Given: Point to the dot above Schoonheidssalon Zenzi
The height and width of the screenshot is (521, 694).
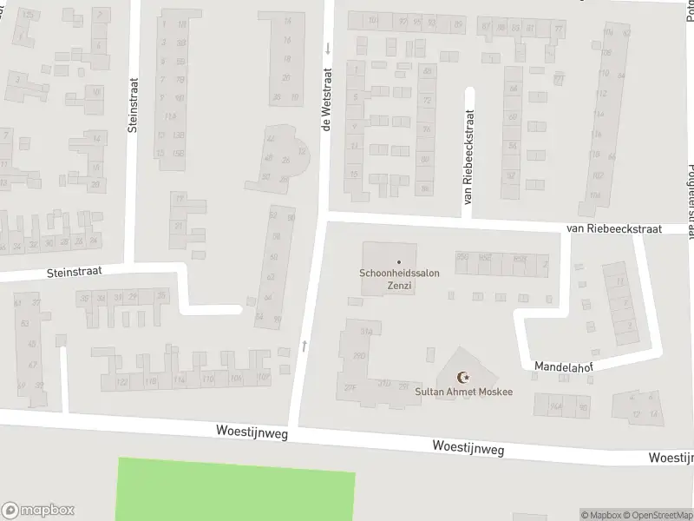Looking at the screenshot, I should pyautogui.click(x=399, y=262).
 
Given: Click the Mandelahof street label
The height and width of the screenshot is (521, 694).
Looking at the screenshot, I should pyautogui.click(x=563, y=367).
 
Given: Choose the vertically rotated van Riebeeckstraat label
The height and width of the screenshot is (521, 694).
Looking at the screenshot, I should pyautogui.click(x=469, y=156).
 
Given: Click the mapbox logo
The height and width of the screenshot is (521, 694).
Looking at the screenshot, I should pyautogui.click(x=38, y=510).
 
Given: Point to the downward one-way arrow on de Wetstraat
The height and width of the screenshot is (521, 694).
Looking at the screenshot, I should pyautogui.click(x=328, y=48).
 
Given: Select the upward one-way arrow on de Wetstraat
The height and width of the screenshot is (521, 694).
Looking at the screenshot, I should pyautogui.click(x=304, y=346).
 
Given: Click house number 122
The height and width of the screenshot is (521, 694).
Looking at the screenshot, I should pyautogui.click(x=122, y=382).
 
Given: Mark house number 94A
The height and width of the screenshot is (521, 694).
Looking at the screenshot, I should pyautogui.click(x=556, y=406).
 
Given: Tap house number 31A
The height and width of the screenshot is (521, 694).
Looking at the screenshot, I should pyautogui.click(x=366, y=331).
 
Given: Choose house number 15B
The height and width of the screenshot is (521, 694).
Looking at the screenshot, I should pyautogui.click(x=179, y=153).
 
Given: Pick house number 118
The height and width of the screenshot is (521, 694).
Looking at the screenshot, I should pyautogui.click(x=151, y=381).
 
